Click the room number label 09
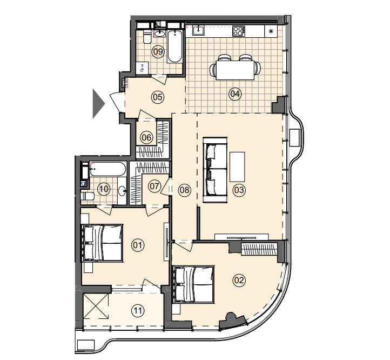tap(158, 51)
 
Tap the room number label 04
tap(235, 94)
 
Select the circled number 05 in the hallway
tap(158, 97)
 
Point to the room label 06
tap(146, 137)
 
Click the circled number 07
tap(154, 186)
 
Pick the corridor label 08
tap(185, 190)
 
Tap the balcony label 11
tap(138, 310)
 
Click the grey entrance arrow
tap(99, 104)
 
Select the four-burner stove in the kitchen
tap(238, 31)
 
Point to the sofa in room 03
tap(215, 170)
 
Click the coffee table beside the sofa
tap(237, 167)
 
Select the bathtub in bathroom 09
tap(174, 46)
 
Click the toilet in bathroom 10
tap(87, 196)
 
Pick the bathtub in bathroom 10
tap(107, 170)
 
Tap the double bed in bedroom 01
tap(103, 243)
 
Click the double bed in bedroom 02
tap(194, 284)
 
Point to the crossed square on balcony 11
tap(96, 306)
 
